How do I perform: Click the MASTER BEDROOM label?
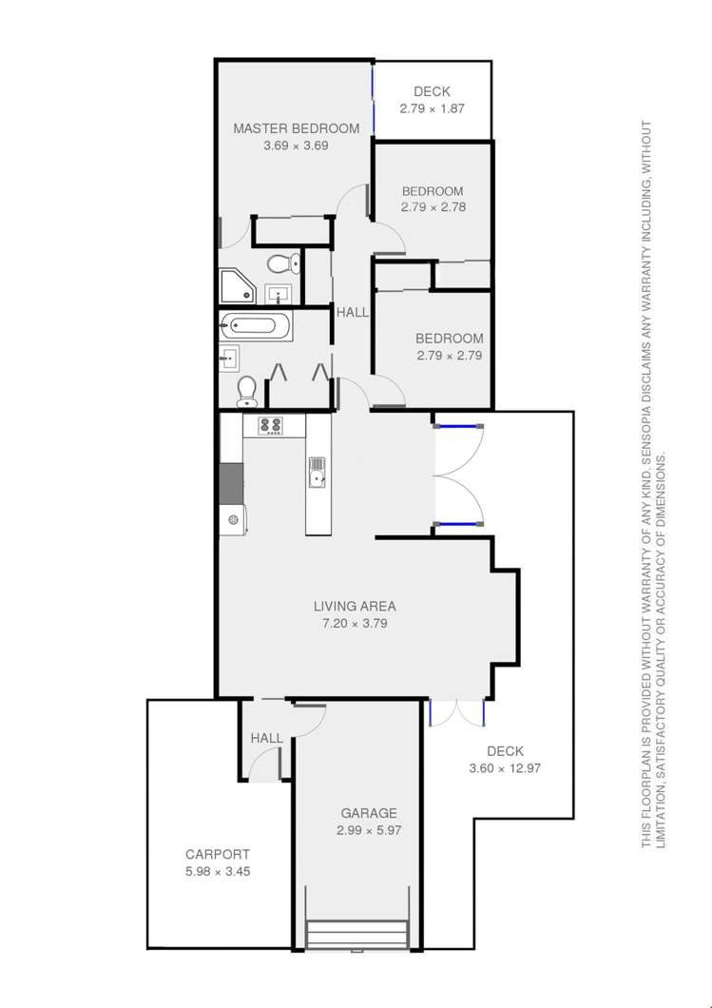point(296,129)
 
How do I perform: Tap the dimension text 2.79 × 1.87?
point(432,108)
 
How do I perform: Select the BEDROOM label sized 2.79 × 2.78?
point(432,190)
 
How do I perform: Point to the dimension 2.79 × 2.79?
point(449,356)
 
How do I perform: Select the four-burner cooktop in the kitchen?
point(271,427)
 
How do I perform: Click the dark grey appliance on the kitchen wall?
point(230,483)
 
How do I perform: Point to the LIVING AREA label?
point(355,606)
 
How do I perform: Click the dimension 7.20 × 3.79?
point(355,624)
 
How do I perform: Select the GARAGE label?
point(366,813)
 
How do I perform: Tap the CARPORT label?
point(217,853)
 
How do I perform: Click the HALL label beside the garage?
point(266,738)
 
